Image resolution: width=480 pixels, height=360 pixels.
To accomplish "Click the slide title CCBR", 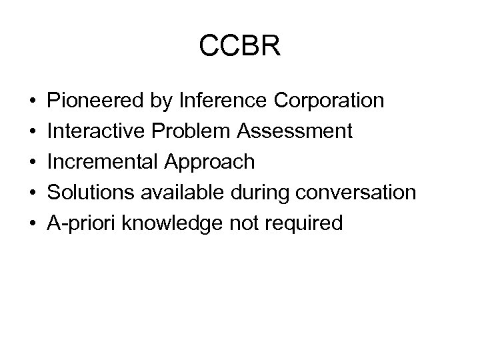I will pos(240,46).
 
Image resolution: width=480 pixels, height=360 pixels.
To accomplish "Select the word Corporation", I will pos(329,101).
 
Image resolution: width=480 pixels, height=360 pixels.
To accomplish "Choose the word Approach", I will pos(206,162).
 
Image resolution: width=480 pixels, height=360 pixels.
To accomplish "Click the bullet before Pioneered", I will pos(32,101).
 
